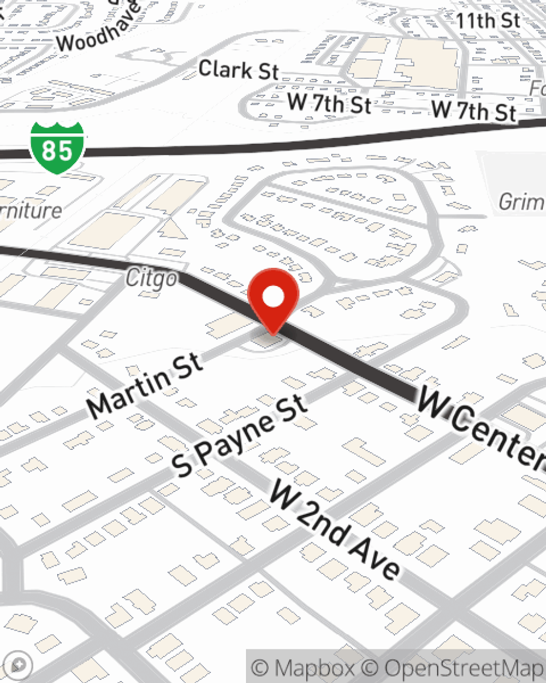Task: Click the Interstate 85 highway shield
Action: [57, 148]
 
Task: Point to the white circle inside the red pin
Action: [273, 297]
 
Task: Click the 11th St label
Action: [488, 21]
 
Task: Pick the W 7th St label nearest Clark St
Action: [329, 103]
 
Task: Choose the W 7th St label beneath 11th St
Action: [474, 111]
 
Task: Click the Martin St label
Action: [145, 385]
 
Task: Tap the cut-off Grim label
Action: [521, 202]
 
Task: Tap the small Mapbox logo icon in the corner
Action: [17, 665]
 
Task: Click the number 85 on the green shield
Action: [57, 150]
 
